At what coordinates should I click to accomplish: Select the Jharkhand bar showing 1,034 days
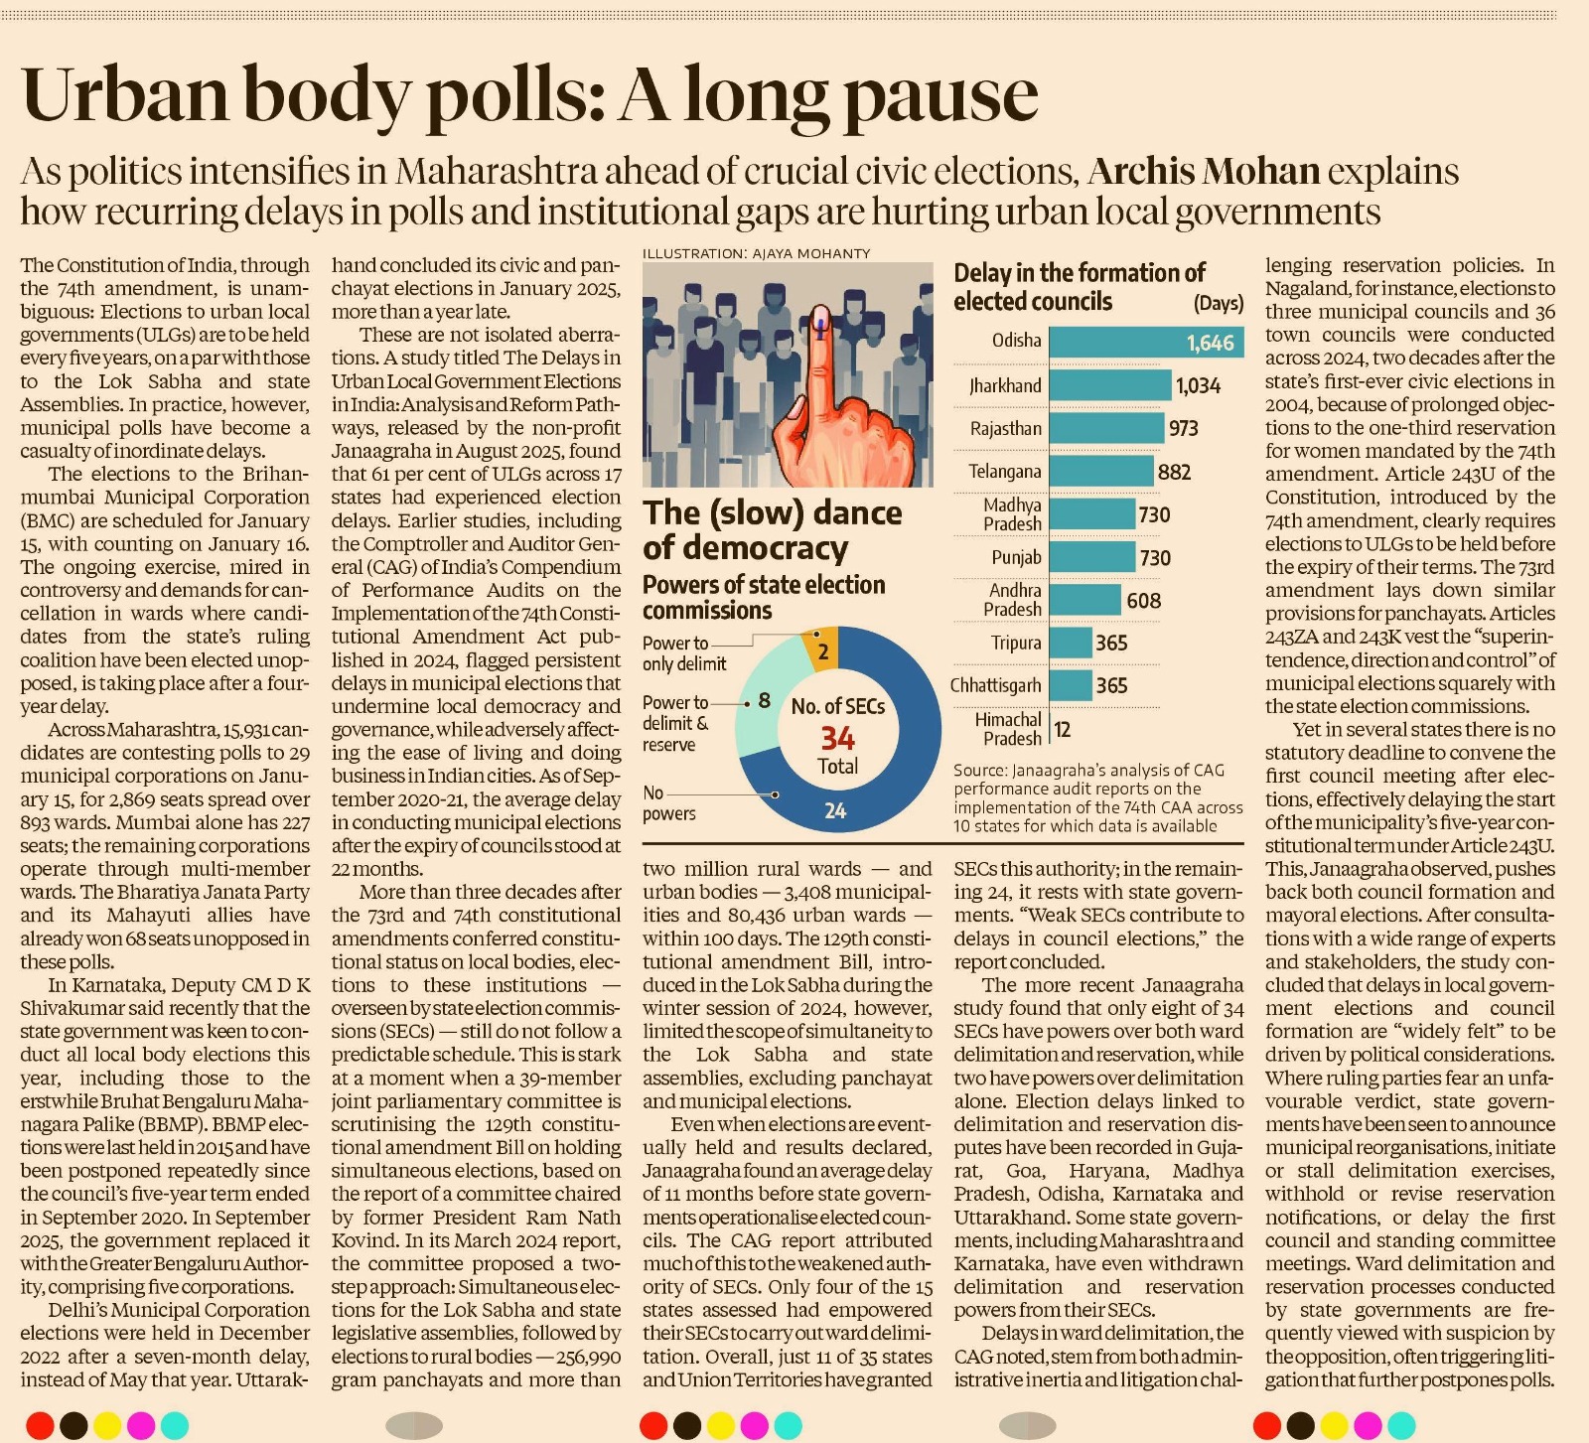[x=1110, y=385]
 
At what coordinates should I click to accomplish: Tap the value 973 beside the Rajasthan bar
[x=1183, y=428]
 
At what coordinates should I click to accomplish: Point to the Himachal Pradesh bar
[x=1051, y=729]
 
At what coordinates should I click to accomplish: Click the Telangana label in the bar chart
[x=1005, y=472]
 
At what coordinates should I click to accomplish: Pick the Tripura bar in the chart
[x=1071, y=643]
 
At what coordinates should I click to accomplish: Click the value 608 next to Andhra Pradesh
[x=1143, y=601]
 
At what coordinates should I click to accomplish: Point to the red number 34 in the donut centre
[x=837, y=738]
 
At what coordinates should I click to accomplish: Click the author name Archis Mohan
[x=1204, y=172]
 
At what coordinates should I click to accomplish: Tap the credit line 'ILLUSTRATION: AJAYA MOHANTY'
[x=757, y=253]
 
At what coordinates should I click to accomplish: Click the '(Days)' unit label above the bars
[x=1218, y=303]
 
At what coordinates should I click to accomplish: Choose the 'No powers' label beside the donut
[x=668, y=803]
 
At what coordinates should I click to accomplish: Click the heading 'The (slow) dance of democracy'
[x=773, y=530]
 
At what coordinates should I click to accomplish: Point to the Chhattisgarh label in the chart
[x=995, y=685]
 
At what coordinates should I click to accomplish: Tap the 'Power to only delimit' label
[x=684, y=653]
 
